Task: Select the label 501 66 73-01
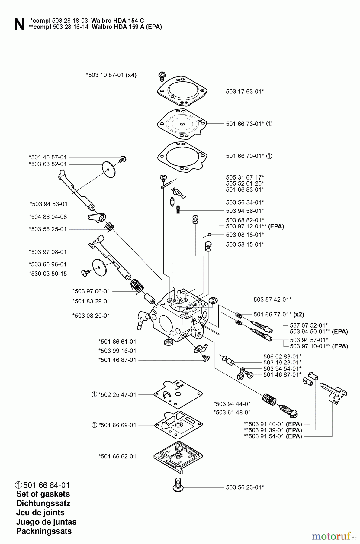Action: [245, 124]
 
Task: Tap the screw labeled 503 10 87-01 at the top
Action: [162, 76]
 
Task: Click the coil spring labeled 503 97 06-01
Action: [137, 286]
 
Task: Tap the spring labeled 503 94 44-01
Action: [269, 399]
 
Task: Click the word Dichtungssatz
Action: [43, 503]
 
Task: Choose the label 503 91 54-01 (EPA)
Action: [273, 436]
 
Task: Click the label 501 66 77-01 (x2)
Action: [278, 315]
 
